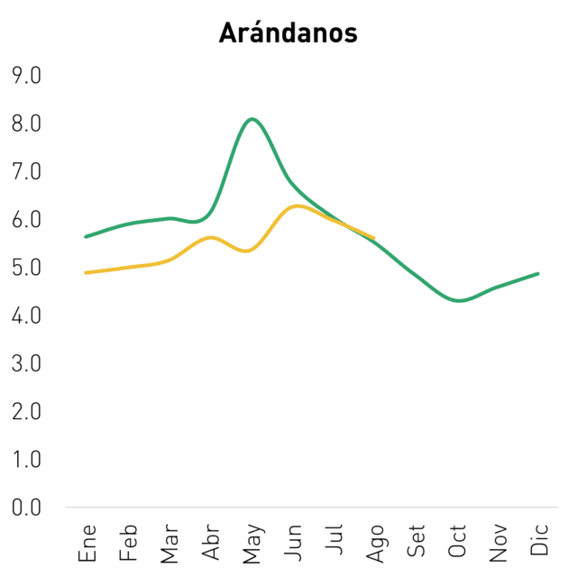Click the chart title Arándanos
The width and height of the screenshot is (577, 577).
click(x=288, y=32)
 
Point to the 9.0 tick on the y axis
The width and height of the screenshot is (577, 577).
click(x=26, y=76)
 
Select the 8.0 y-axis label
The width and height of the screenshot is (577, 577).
click(x=26, y=124)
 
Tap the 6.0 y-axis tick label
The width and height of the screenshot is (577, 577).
click(x=26, y=220)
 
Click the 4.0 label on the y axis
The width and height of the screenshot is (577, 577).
click(x=26, y=316)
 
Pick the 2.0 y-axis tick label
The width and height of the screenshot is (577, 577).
click(x=26, y=412)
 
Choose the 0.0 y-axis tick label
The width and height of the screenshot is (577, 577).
click(x=26, y=508)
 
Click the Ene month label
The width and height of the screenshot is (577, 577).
click(x=87, y=543)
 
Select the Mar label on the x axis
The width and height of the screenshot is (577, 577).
click(x=169, y=544)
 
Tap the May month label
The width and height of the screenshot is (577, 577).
click(x=253, y=544)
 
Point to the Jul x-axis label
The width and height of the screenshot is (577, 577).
click(x=334, y=539)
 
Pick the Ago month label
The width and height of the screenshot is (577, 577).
click(x=375, y=544)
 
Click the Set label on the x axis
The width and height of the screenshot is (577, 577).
click(x=416, y=541)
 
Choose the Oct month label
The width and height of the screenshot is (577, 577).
click(x=457, y=541)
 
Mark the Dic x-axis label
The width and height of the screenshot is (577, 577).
click(x=539, y=539)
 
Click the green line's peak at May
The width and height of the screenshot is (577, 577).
click(x=252, y=119)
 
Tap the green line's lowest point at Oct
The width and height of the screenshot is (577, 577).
click(x=459, y=300)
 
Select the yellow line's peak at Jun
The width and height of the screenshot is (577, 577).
click(x=297, y=206)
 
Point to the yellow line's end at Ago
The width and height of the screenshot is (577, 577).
click(x=373, y=238)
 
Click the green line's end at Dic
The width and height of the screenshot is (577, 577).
click(x=537, y=274)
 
